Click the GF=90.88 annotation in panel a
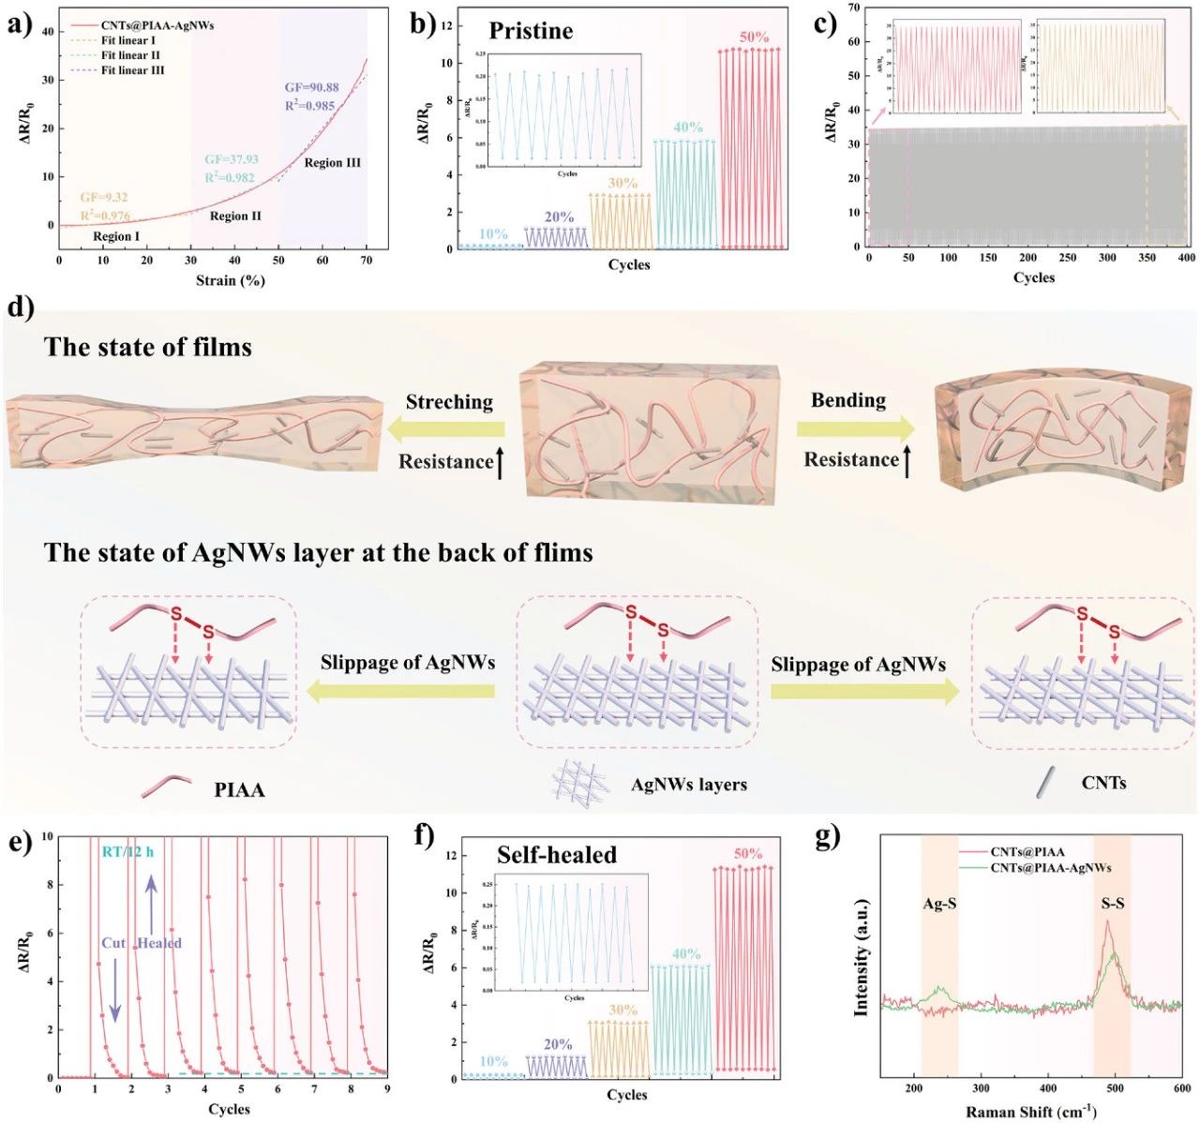pyautogui.click(x=311, y=88)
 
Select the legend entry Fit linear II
pyautogui.click(x=130, y=55)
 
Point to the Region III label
pyautogui.click(x=332, y=163)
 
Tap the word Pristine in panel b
pyautogui.click(x=531, y=31)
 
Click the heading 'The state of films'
pyautogui.click(x=148, y=348)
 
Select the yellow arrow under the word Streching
pyautogui.click(x=449, y=430)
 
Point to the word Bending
pyautogui.click(x=847, y=400)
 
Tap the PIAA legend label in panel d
pyautogui.click(x=239, y=790)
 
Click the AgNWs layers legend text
pyautogui.click(x=689, y=785)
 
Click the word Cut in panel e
pyautogui.click(x=113, y=943)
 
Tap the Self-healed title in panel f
pyautogui.click(x=557, y=855)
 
